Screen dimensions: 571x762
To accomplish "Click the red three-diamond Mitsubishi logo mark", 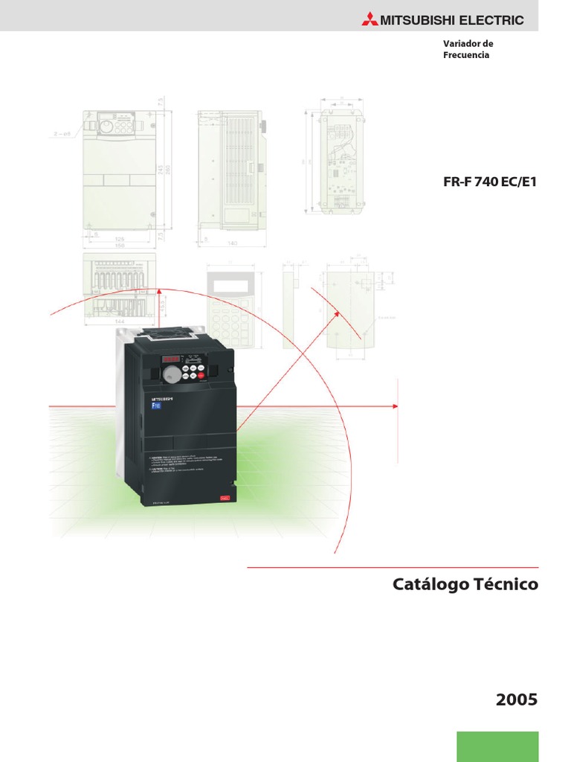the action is (370, 20).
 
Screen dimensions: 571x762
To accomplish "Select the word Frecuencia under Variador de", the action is (466, 56).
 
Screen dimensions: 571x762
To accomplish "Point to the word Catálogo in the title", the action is (429, 585).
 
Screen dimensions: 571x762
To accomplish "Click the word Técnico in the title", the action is (506, 585).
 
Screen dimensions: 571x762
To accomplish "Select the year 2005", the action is (516, 699).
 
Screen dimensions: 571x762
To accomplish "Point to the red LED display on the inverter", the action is (171, 359).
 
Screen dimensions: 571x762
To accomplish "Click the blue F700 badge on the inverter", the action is (156, 406).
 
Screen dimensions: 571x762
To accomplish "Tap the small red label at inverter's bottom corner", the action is (222, 499).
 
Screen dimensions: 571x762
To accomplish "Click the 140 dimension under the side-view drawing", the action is (232, 243).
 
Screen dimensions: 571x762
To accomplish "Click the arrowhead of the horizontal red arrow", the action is (396, 406).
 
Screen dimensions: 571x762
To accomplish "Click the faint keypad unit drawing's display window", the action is (230, 284).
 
